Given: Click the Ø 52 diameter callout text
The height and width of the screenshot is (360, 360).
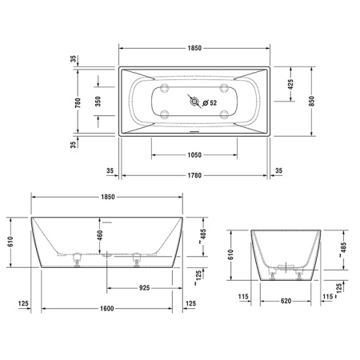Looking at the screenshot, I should [x=212, y=102].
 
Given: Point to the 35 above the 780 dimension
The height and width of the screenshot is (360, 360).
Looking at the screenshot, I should [x=73, y=61].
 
